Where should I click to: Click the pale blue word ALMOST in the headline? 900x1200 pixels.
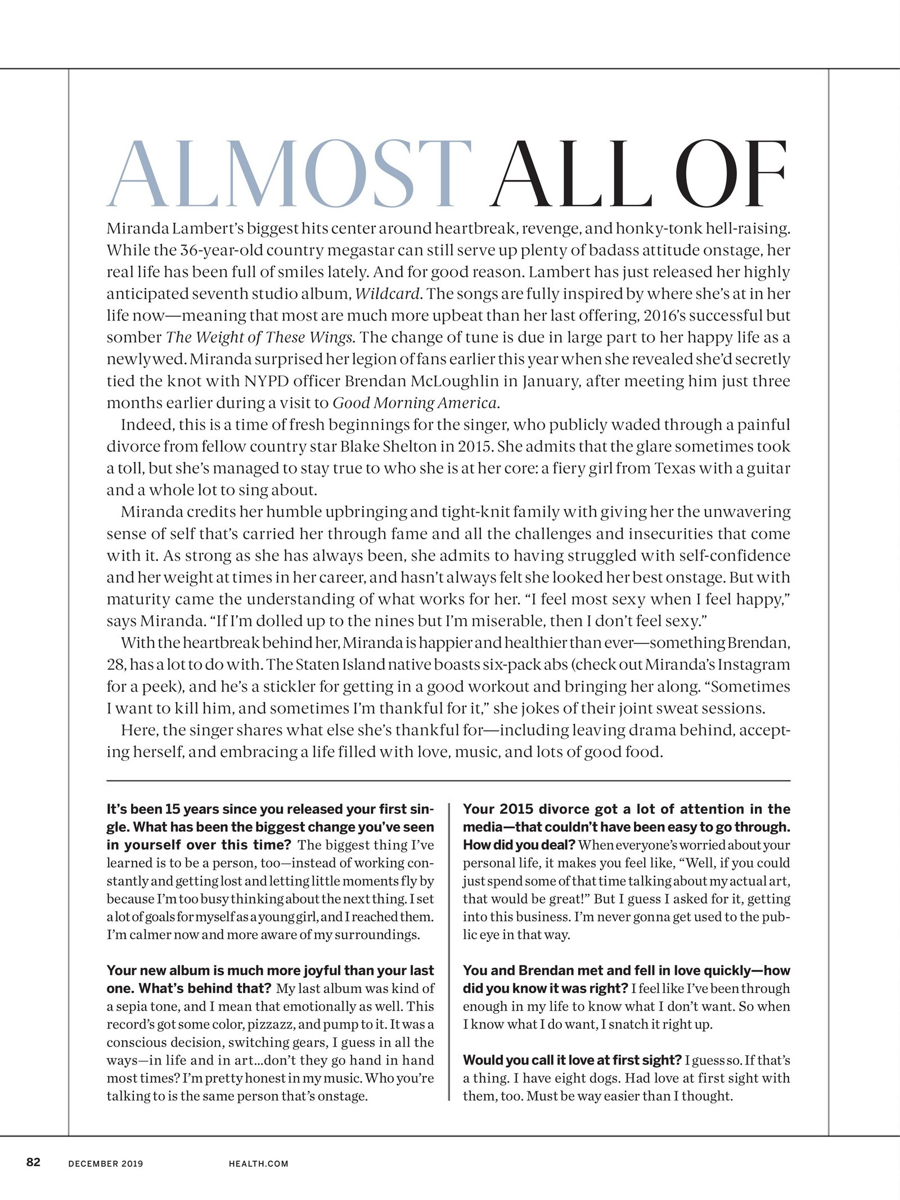(289, 174)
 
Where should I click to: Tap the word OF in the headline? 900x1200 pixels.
(731, 174)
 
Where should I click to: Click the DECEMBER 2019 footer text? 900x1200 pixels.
(106, 1163)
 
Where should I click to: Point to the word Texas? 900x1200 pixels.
(675, 468)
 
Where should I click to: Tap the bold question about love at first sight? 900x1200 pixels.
(573, 1060)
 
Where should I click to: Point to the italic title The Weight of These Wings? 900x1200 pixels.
(260, 337)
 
